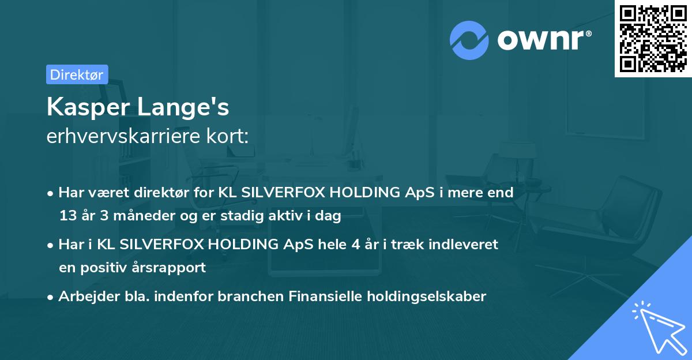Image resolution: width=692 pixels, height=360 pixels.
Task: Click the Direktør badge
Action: pyautogui.click(x=77, y=74)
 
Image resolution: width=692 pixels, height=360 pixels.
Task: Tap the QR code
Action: pyautogui.click(x=653, y=39)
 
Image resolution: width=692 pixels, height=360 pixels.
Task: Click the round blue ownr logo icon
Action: pyautogui.click(x=469, y=40)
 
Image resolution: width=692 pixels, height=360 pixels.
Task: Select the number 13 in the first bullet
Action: pyautogui.click(x=67, y=216)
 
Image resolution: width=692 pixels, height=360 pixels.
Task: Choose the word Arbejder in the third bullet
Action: pyautogui.click(x=84, y=297)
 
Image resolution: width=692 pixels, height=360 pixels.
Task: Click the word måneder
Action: pyautogui.click(x=137, y=216)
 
